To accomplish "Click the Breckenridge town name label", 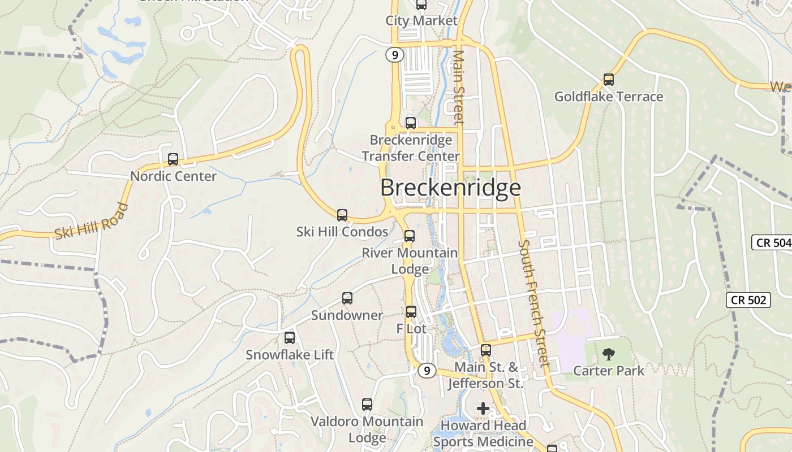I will [x=450, y=188].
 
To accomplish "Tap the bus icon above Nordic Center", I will [x=173, y=159].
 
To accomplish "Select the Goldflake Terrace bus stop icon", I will [x=609, y=80].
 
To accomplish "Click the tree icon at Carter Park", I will [x=609, y=354].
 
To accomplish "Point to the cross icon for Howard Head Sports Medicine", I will [x=483, y=408].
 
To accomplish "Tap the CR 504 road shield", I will [x=772, y=243].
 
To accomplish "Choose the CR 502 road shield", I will [x=749, y=299].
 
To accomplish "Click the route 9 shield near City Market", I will [x=395, y=55].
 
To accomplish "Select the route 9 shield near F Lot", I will [x=427, y=371].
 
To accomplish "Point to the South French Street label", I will [x=533, y=303].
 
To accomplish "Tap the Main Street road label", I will [x=458, y=88].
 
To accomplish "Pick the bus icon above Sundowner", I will [x=347, y=298].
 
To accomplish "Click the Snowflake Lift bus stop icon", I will [x=290, y=338].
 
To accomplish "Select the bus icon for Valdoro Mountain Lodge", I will [x=367, y=405].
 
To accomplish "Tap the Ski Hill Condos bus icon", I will [x=342, y=215].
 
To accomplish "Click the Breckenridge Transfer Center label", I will [x=411, y=148].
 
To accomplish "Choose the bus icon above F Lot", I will [x=411, y=311].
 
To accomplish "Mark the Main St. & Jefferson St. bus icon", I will [x=486, y=350].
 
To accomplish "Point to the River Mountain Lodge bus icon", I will [x=410, y=236].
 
